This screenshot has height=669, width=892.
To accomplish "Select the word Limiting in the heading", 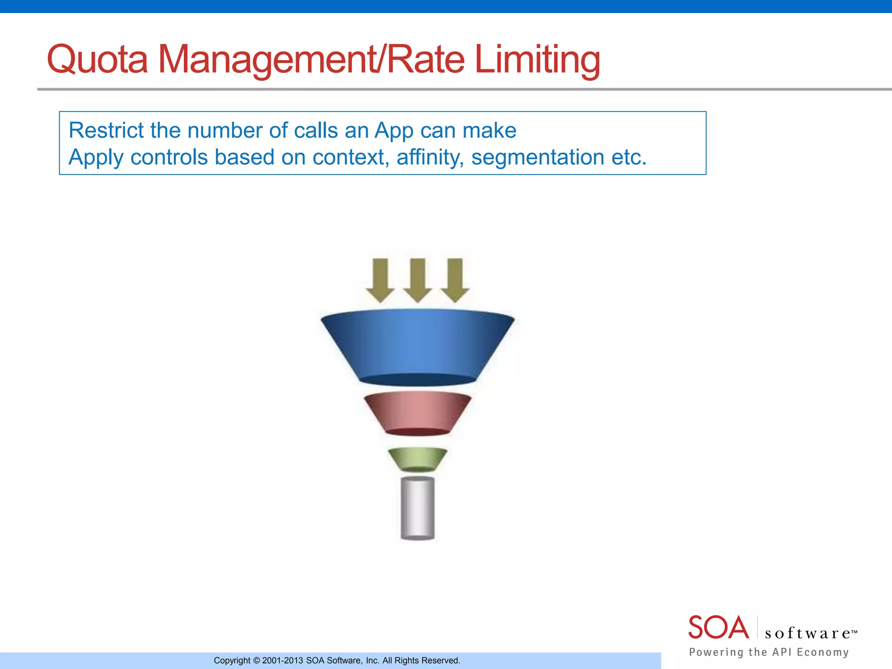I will [x=537, y=60].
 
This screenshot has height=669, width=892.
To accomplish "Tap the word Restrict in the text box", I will [x=106, y=130].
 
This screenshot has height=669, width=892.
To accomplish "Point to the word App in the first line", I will [x=394, y=131].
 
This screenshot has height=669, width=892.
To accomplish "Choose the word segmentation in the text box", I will [x=538, y=158].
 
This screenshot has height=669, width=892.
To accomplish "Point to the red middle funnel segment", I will [x=418, y=413].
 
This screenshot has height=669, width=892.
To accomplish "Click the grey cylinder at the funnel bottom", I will [x=418, y=508].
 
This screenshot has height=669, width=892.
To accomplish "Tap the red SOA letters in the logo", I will [x=718, y=628].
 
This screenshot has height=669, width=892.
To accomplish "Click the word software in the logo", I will [x=808, y=633].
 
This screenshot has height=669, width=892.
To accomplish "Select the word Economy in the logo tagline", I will [x=823, y=652].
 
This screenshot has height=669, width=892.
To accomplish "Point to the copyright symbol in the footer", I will [x=256, y=661].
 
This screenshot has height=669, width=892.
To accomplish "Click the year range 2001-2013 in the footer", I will [x=282, y=661].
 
